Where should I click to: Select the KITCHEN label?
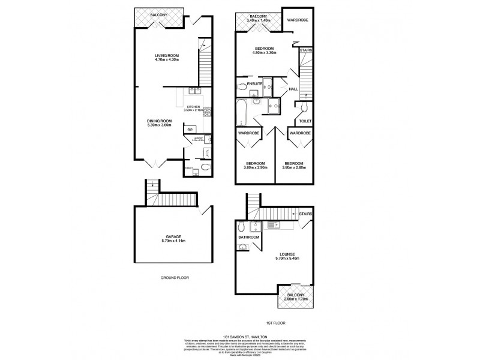point(193,106)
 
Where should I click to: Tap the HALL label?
point(293,89)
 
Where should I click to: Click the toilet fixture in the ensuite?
point(242,88)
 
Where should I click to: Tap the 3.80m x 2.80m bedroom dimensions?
point(294,167)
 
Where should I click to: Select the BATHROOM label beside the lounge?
point(248,238)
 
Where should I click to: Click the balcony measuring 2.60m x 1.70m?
point(295,297)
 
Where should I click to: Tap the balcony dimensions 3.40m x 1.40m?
point(259,20)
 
